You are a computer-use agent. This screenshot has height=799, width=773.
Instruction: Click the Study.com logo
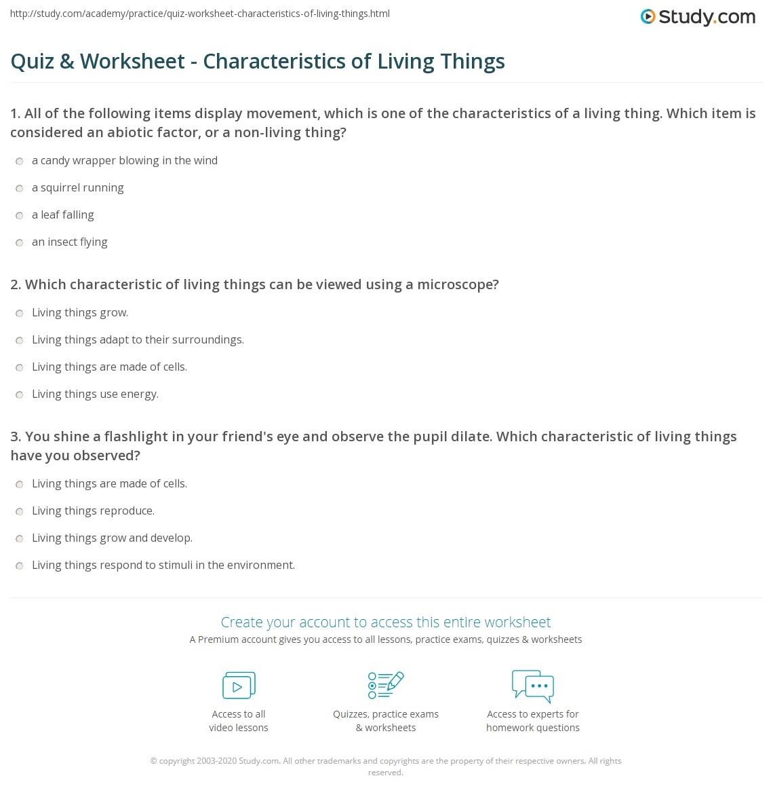click(698, 17)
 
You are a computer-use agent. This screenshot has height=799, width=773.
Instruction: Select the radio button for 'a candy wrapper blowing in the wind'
click(20, 162)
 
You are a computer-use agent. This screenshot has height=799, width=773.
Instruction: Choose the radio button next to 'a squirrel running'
click(20, 189)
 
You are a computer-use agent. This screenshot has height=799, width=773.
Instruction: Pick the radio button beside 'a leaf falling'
click(20, 216)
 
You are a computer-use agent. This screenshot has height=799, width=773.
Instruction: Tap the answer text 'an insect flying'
click(69, 242)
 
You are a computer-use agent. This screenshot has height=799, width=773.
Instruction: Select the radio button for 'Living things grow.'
click(20, 314)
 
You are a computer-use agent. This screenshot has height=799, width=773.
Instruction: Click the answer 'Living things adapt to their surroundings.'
click(138, 340)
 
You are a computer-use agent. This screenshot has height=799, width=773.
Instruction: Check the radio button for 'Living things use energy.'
click(20, 395)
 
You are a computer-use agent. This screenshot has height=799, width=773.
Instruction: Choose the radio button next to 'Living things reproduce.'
click(20, 512)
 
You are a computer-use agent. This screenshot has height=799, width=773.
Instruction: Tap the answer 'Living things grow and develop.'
click(112, 538)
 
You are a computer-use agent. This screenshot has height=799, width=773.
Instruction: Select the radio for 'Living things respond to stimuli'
click(20, 566)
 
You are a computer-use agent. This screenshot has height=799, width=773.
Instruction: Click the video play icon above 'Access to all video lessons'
click(239, 686)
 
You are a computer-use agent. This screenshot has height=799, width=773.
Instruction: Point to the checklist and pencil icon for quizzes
click(386, 685)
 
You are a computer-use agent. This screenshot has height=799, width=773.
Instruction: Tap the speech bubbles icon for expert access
click(533, 686)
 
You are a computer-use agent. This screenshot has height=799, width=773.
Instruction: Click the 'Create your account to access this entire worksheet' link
click(386, 622)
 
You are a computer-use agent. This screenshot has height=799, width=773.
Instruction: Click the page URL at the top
click(200, 14)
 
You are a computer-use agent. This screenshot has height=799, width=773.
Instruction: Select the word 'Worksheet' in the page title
click(132, 61)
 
